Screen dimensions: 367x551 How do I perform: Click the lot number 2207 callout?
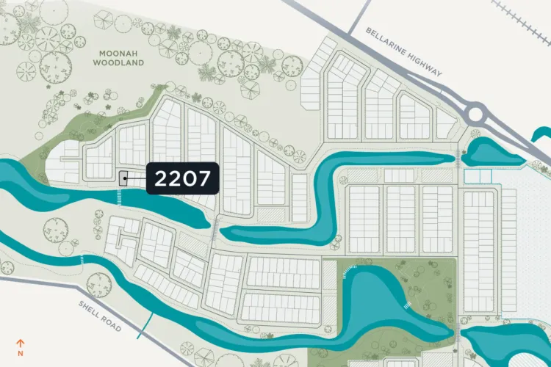click(x=183, y=178)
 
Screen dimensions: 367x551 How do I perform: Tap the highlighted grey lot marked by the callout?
click(x=123, y=178)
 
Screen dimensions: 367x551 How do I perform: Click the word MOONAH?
click(x=118, y=53)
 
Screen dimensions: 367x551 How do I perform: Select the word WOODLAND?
click(x=118, y=63)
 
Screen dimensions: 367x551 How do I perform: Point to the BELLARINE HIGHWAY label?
click(x=403, y=51)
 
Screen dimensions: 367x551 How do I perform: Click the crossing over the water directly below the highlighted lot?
click(x=120, y=197)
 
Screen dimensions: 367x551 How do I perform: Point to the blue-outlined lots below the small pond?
click(x=477, y=176)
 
